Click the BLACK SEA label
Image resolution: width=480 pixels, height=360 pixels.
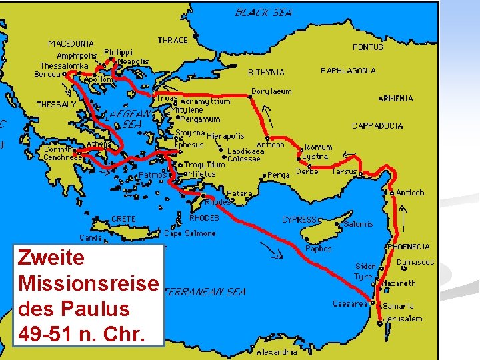click(263, 12)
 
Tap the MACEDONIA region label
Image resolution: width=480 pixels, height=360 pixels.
click(71, 44)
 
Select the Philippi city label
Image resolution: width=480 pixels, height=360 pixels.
click(119, 52)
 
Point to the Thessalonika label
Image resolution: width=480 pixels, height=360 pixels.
click(64, 66)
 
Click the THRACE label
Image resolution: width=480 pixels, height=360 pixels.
click(173, 41)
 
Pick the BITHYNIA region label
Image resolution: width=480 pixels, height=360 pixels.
click(266, 72)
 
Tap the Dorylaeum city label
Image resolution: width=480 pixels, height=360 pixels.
click(271, 91)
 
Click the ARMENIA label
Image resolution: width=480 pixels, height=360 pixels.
click(395, 99)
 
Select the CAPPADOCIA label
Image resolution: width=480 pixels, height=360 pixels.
click(377, 125)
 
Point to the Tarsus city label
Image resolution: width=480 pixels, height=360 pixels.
click(345, 171)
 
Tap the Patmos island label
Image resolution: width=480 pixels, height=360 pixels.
click(153, 175)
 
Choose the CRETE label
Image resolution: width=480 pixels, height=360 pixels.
click(123, 219)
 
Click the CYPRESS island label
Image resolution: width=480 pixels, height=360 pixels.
click(299, 219)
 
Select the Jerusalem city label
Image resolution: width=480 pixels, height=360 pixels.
click(403, 319)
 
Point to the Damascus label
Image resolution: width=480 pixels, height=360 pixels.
click(415, 262)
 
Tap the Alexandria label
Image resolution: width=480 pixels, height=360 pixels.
click(277, 351)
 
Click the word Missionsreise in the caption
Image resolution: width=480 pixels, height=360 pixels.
click(89, 283)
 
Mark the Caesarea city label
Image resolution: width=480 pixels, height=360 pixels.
click(350, 304)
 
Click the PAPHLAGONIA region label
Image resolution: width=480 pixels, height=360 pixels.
click(348, 71)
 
